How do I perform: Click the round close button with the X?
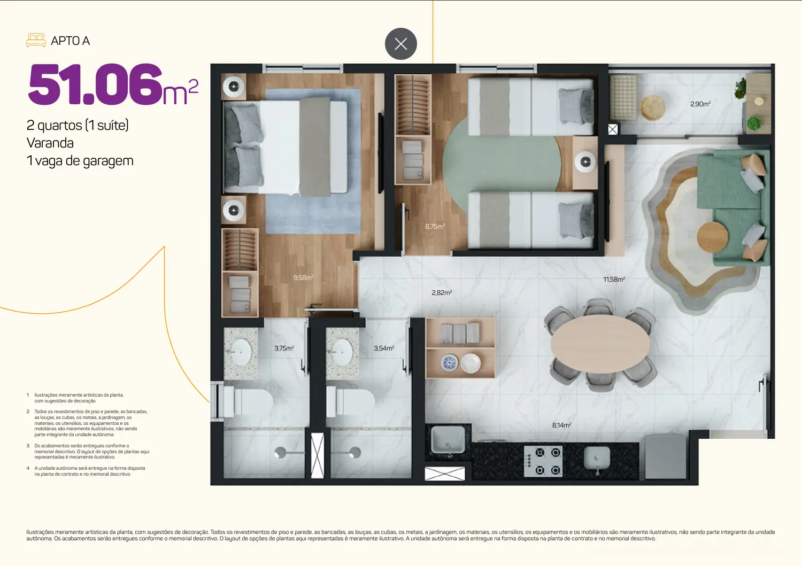400,44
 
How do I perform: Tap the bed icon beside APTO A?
36,41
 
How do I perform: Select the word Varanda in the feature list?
50,143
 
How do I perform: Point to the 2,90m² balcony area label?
700,104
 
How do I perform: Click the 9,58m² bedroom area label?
303,277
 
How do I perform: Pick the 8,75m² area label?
435,226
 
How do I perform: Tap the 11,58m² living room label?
614,279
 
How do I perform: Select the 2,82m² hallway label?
442,292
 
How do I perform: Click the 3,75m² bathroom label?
284,348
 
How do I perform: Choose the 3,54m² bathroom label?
384,348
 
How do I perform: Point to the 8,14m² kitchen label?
561,425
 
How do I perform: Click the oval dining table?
600,344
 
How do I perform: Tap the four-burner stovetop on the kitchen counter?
543,461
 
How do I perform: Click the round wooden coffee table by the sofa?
713,237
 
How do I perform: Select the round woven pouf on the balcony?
653,107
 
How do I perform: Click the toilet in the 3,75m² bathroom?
248,401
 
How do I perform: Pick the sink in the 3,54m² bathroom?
342,352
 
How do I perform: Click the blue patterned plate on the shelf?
449,363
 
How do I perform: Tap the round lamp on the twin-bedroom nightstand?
585,162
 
